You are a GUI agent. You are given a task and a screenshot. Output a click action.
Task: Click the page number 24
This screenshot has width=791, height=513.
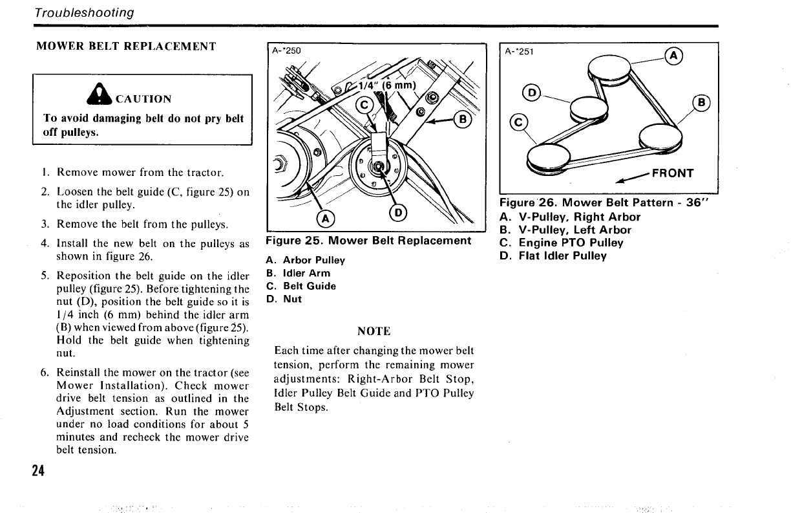click(x=37, y=471)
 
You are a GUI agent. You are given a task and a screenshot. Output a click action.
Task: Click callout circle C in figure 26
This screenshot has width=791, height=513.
click(x=518, y=121)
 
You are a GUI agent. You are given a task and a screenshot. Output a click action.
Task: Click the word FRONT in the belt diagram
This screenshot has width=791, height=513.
click(x=672, y=173)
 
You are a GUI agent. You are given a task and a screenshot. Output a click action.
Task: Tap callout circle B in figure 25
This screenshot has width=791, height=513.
click(x=463, y=120)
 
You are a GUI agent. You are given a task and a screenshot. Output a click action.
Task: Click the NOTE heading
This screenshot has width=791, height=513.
click(x=374, y=331)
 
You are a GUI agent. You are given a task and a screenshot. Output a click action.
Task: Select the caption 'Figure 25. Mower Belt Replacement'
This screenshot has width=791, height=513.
click(x=368, y=241)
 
